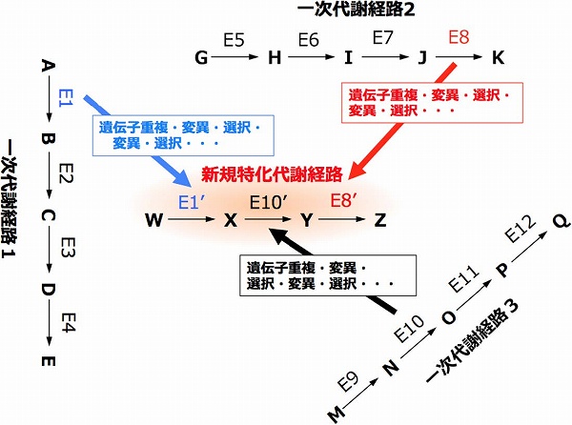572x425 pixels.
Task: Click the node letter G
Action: point(201,58)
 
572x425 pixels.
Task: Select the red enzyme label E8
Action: point(459,39)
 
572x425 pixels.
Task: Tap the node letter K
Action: point(497,58)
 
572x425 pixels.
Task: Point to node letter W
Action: point(153,220)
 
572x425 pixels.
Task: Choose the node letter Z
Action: point(380,220)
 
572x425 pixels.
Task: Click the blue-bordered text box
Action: point(177,134)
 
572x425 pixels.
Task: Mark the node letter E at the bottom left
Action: point(46,362)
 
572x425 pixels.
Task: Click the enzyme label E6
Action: point(307,40)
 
